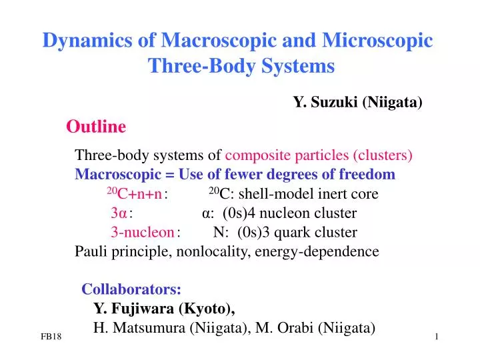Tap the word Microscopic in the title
tap(378, 41)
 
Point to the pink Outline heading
tap(96, 127)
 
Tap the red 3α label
tap(119, 214)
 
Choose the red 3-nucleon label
tap(142, 233)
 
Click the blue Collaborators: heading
tap(131, 289)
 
